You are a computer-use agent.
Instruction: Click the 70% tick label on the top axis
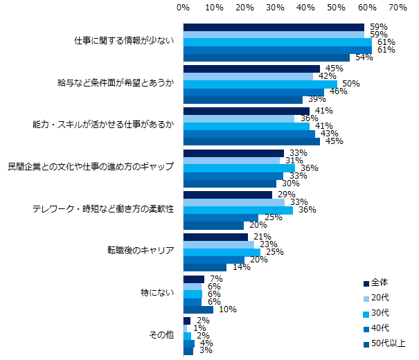tap(398, 8)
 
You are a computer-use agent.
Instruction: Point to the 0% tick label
tap(184, 8)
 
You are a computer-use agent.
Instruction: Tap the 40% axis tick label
tap(305, 8)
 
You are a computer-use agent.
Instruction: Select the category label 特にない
tap(158, 293)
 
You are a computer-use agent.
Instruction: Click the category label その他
tap(161, 335)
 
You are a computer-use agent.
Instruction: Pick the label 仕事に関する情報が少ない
tap(124, 40)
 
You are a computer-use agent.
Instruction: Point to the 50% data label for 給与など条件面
tap(350, 84)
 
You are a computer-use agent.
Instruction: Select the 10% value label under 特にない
tap(226, 309)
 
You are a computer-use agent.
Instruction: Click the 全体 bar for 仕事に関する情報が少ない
tap(274, 27)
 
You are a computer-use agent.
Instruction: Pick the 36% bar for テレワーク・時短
tap(238, 210)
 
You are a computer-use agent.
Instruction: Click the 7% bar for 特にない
tap(194, 279)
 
